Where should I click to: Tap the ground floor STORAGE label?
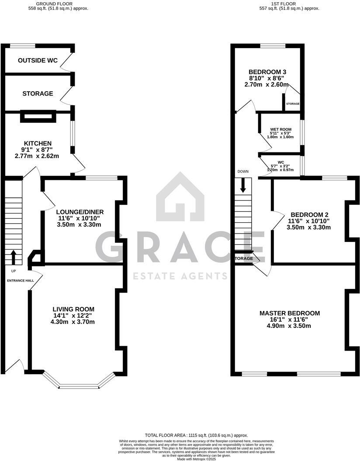38,93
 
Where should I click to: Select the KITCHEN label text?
38,143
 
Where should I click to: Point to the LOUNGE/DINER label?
81,212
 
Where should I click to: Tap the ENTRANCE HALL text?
21,280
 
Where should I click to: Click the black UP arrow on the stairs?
13,257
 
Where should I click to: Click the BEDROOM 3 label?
267,72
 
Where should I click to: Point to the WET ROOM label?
280,129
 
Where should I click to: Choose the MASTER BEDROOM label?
290,313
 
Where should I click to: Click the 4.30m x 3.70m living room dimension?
73,322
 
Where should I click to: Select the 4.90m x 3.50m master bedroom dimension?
290,326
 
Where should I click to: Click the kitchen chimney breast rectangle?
38,116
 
